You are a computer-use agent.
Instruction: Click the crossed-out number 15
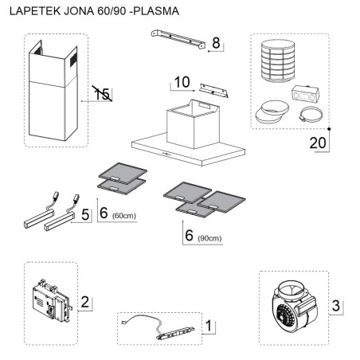click(x=100, y=94)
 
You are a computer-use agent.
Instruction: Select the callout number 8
click(x=214, y=44)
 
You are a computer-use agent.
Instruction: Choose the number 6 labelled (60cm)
click(x=104, y=213)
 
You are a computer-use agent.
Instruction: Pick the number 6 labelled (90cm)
click(x=189, y=236)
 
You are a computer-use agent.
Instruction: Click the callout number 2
click(x=84, y=302)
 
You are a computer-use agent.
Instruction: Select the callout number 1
click(x=208, y=325)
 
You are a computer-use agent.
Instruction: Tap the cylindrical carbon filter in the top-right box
click(x=276, y=61)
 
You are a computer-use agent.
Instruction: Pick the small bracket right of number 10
click(x=213, y=92)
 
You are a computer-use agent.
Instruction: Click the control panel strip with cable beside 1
click(x=159, y=327)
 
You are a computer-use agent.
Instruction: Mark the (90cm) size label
click(x=209, y=238)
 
